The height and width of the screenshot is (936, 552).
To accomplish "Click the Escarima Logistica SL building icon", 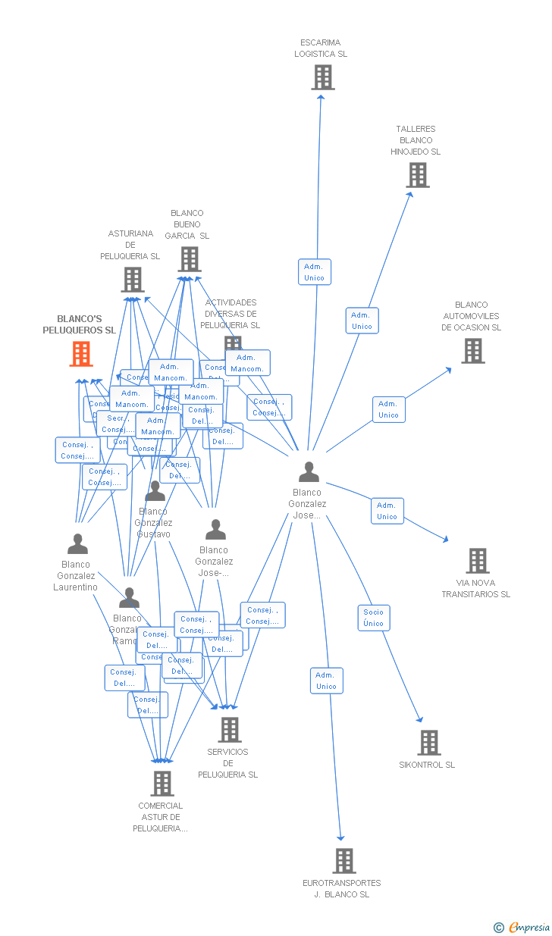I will coord(323,77).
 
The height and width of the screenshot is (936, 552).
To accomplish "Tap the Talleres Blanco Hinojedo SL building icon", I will coord(417,175).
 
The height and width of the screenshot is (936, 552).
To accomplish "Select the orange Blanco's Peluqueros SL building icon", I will coord(81,354).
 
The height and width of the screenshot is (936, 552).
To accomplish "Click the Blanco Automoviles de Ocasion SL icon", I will coord(473,351).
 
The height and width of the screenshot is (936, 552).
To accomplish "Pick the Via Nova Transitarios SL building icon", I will coord(477,561).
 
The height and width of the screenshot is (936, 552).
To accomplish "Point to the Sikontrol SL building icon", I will coord(429,743).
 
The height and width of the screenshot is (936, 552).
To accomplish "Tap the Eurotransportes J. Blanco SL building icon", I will coord(344,861).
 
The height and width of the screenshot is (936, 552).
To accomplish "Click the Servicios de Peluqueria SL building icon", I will coord(229,730).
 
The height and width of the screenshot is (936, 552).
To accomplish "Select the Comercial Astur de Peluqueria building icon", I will coord(162,784).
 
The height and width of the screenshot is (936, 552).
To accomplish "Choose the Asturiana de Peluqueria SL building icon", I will coord(133,280).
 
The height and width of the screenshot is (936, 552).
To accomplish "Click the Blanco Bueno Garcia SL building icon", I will coord(190,259).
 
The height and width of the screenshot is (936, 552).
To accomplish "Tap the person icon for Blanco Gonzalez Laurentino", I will coord(77,544).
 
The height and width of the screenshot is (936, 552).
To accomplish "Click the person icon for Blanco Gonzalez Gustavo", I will coord(155,491).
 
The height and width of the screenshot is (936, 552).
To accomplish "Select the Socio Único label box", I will coord(374,618).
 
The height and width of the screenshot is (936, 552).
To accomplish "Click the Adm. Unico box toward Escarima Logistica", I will coord(314,272).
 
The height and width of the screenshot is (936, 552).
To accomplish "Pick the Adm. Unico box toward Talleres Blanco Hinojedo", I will coord(362,321).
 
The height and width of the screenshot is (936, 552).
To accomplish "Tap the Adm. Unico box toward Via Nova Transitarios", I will coord(387,511).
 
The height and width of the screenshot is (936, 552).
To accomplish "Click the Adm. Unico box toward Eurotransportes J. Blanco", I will coord(326,681).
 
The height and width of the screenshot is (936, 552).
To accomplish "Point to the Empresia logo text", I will coord(528,927).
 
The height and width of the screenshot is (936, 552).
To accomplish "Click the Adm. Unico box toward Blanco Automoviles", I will coord(388,409).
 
